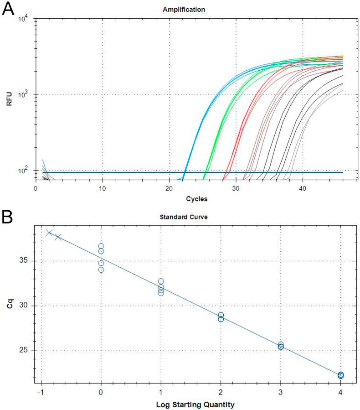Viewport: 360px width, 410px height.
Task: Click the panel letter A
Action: pos(10,10)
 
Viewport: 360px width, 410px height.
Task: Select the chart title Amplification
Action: pos(189,9)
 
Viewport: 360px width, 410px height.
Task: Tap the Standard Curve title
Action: pos(189,218)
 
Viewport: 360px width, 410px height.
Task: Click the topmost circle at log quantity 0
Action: pos(101,246)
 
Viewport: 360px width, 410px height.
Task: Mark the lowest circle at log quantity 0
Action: pos(101,270)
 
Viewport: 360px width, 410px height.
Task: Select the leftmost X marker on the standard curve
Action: pos(50,233)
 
